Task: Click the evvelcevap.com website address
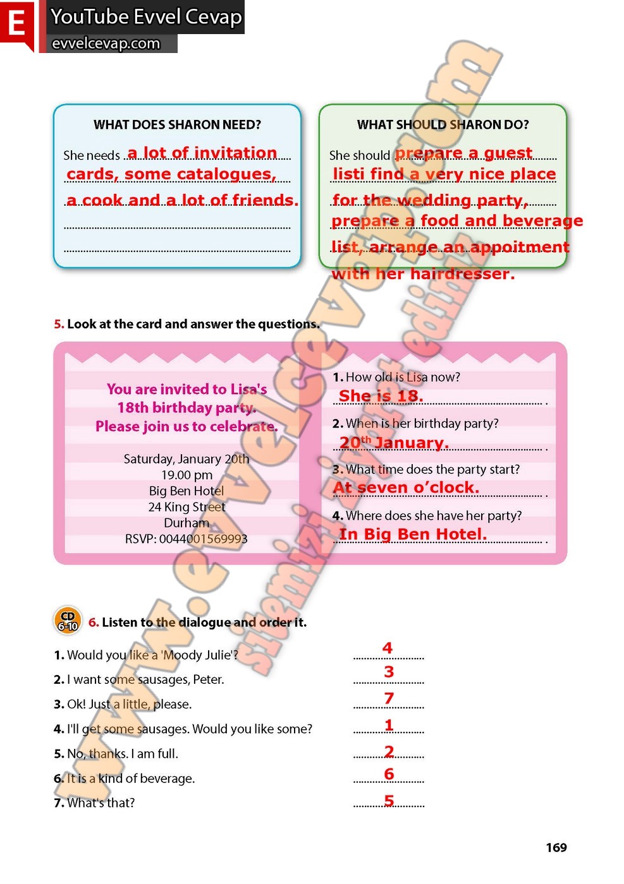click(106, 44)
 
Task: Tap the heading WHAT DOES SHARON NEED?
click(177, 124)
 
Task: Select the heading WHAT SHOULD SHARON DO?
click(443, 124)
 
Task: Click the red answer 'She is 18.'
click(381, 396)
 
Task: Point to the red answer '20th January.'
click(393, 443)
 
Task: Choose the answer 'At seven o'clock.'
click(406, 487)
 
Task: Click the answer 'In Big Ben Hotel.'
click(413, 534)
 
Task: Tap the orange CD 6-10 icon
click(67, 621)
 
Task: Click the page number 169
click(556, 847)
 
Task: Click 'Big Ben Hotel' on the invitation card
click(187, 491)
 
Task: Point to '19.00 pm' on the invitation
click(187, 475)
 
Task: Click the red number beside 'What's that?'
click(389, 801)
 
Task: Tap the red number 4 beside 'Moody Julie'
click(388, 648)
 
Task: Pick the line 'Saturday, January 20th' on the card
click(187, 459)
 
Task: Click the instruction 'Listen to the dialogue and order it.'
click(204, 622)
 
